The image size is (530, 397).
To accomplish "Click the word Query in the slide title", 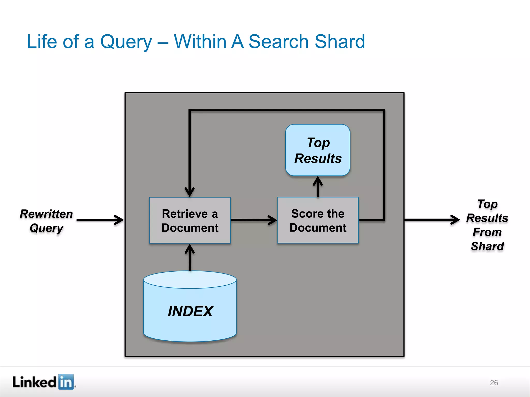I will [126, 42].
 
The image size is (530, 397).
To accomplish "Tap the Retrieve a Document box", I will [190, 220].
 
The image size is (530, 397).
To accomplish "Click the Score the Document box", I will [318, 220].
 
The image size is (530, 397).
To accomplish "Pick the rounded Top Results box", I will [318, 150].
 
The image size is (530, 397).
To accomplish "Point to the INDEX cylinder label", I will [190, 311].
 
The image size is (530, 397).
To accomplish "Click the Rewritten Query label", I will [46, 221].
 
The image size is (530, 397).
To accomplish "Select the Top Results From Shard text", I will [487, 225].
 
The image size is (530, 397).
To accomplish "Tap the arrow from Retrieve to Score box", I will [254, 220].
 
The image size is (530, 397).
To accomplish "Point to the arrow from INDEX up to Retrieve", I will [190, 257].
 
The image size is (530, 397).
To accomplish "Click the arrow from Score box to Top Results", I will [318, 187].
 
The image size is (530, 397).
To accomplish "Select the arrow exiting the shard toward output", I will [432, 220].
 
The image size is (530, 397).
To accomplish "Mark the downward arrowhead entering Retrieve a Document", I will [190, 192].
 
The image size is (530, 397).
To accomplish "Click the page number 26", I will [494, 383].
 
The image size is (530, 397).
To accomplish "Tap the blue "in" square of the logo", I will [66, 381].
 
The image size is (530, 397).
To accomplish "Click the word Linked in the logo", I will [34, 382].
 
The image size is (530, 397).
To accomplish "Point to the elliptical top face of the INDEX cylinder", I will [190, 279].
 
